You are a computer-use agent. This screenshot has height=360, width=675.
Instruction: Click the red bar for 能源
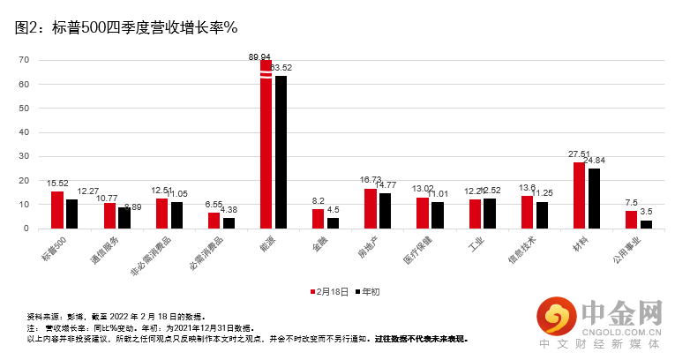(x=266, y=145)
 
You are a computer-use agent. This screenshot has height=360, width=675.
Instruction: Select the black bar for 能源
(x=281, y=152)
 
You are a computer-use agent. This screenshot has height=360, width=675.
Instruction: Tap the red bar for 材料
(x=579, y=195)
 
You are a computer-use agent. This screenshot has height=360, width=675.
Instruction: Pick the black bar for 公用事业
(x=646, y=224)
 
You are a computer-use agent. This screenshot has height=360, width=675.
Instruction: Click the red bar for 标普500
(x=57, y=210)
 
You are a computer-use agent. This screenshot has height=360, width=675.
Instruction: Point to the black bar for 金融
(x=333, y=223)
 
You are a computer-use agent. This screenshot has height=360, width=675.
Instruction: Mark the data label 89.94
(x=259, y=56)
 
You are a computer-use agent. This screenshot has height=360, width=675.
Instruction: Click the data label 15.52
(x=57, y=184)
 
